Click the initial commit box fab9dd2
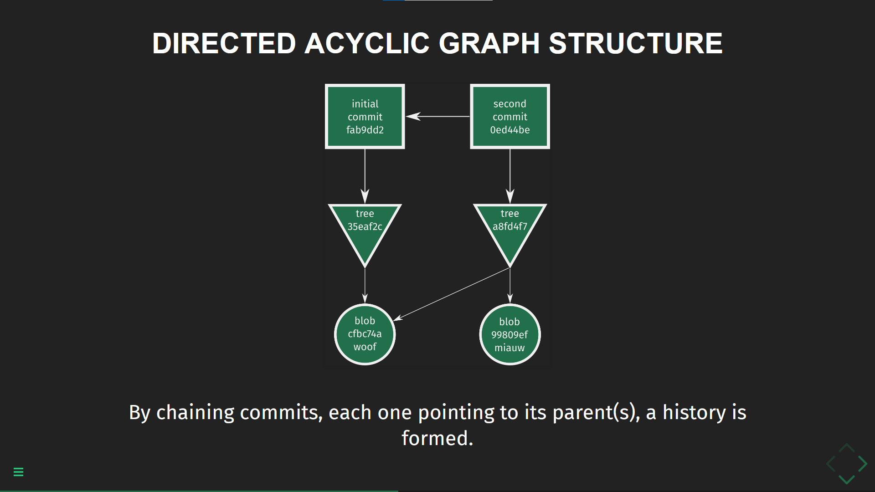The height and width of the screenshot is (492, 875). point(365,117)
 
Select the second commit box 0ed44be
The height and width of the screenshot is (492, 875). point(510,117)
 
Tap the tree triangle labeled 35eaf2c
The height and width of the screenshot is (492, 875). point(365,228)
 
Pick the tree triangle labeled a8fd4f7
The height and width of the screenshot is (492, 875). point(510,228)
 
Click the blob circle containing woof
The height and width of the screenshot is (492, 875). point(365,334)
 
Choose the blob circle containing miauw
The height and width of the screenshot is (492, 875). point(510,335)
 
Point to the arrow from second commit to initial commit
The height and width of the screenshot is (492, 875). point(437,117)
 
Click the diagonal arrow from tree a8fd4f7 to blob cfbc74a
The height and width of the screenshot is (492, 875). point(451,294)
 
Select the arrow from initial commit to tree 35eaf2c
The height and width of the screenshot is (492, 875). point(365,175)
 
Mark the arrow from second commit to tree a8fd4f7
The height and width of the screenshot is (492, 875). point(510,175)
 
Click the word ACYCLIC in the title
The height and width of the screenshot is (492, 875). point(367,43)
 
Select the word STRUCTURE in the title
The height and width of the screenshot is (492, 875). point(635,43)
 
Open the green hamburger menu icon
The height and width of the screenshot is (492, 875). point(18,472)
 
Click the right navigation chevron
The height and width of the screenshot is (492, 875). point(862,464)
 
